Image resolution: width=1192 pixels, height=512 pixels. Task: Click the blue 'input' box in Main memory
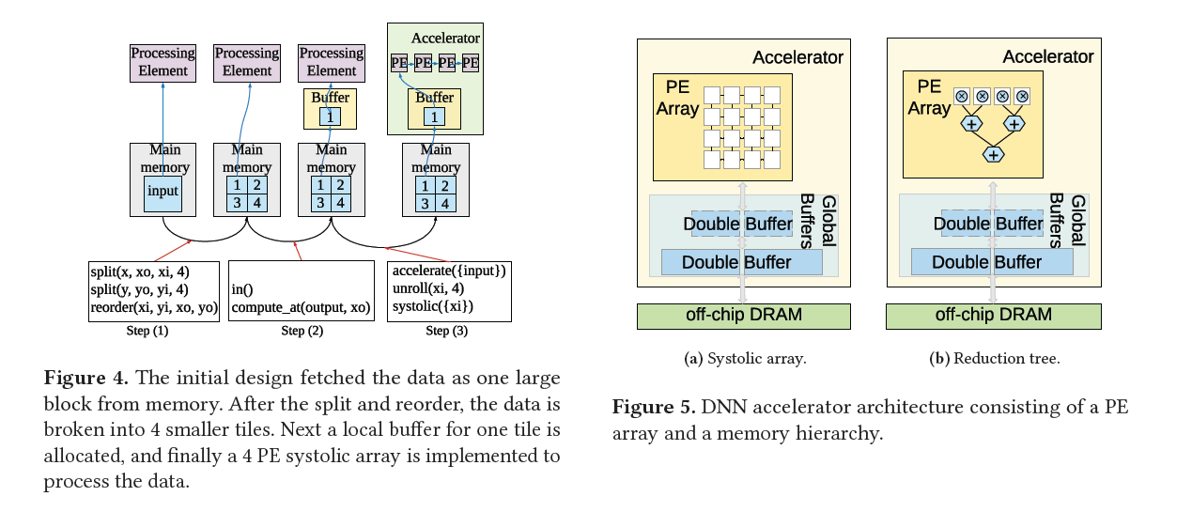point(163,193)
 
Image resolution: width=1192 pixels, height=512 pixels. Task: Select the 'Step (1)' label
point(148,331)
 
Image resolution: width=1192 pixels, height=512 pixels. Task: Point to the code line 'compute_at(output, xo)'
point(301,307)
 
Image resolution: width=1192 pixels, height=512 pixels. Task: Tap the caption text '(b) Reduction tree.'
point(994,358)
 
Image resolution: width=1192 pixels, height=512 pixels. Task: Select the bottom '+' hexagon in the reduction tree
point(993,154)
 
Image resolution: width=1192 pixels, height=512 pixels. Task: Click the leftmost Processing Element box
point(163,62)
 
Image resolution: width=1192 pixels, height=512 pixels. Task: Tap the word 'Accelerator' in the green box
point(445,39)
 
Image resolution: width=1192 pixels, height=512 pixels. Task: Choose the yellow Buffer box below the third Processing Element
point(330,108)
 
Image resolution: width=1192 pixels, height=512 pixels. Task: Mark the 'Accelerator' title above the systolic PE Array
point(797,57)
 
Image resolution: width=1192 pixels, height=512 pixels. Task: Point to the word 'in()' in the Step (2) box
point(243,289)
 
